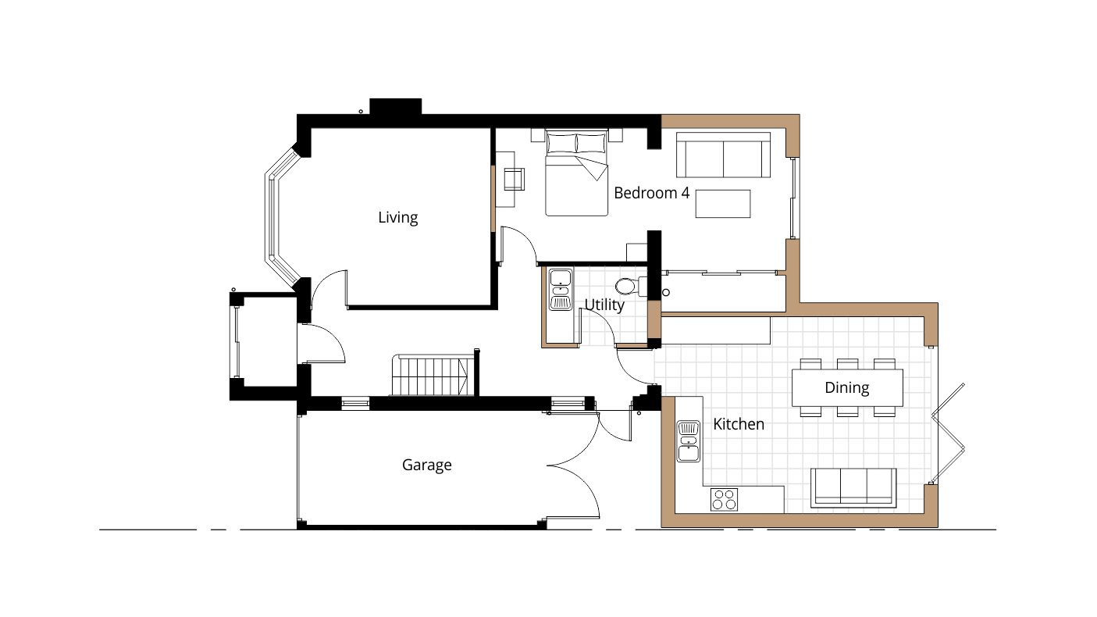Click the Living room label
(397, 217)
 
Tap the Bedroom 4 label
(651, 192)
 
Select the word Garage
(426, 465)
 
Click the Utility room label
(604, 305)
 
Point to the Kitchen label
(738, 424)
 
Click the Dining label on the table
(846, 387)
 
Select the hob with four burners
(724, 498)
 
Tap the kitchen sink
(688, 441)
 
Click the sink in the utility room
(561, 289)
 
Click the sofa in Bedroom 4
(723, 155)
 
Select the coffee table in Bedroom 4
(722, 203)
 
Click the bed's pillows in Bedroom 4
(576, 144)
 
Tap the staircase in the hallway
(432, 376)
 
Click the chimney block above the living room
(395, 107)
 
